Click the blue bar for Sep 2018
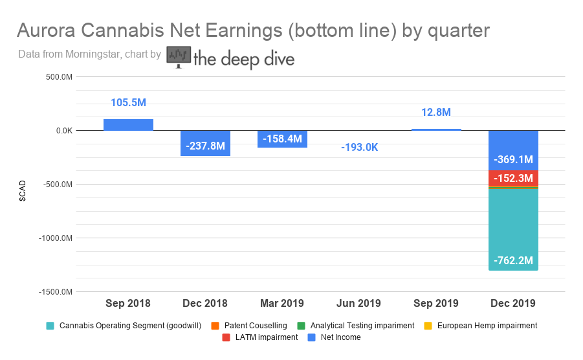pyautogui.click(x=128, y=125)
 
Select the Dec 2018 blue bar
pyautogui.click(x=205, y=143)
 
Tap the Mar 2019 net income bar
pyautogui.click(x=282, y=139)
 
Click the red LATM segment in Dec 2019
pyautogui.click(x=513, y=178)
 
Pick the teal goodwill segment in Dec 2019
pyautogui.click(x=513, y=230)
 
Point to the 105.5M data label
pyautogui.click(x=128, y=103)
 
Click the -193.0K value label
pyautogui.click(x=360, y=147)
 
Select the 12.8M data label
pyautogui.click(x=436, y=112)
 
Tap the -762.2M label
pyautogui.click(x=513, y=260)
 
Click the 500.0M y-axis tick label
pyautogui.click(x=59, y=77)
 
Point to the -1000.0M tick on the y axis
pyautogui.click(x=56, y=238)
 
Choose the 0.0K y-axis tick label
pyautogui.click(x=64, y=131)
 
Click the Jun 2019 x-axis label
pyautogui.click(x=359, y=303)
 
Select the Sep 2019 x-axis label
pyautogui.click(x=436, y=303)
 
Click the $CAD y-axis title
pyautogui.click(x=23, y=191)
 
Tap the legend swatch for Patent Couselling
pyautogui.click(x=215, y=326)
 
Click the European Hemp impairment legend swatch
pyautogui.click(x=428, y=326)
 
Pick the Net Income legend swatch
pyautogui.click(x=312, y=337)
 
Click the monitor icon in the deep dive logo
pyautogui.click(x=179, y=57)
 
